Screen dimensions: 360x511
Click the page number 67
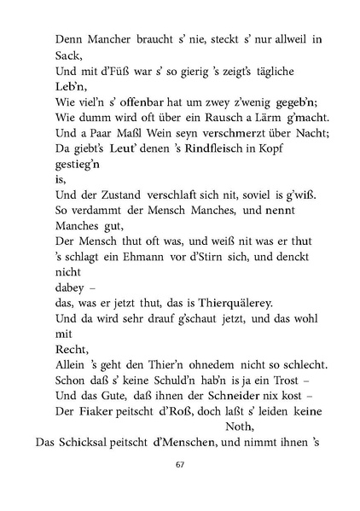180,465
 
